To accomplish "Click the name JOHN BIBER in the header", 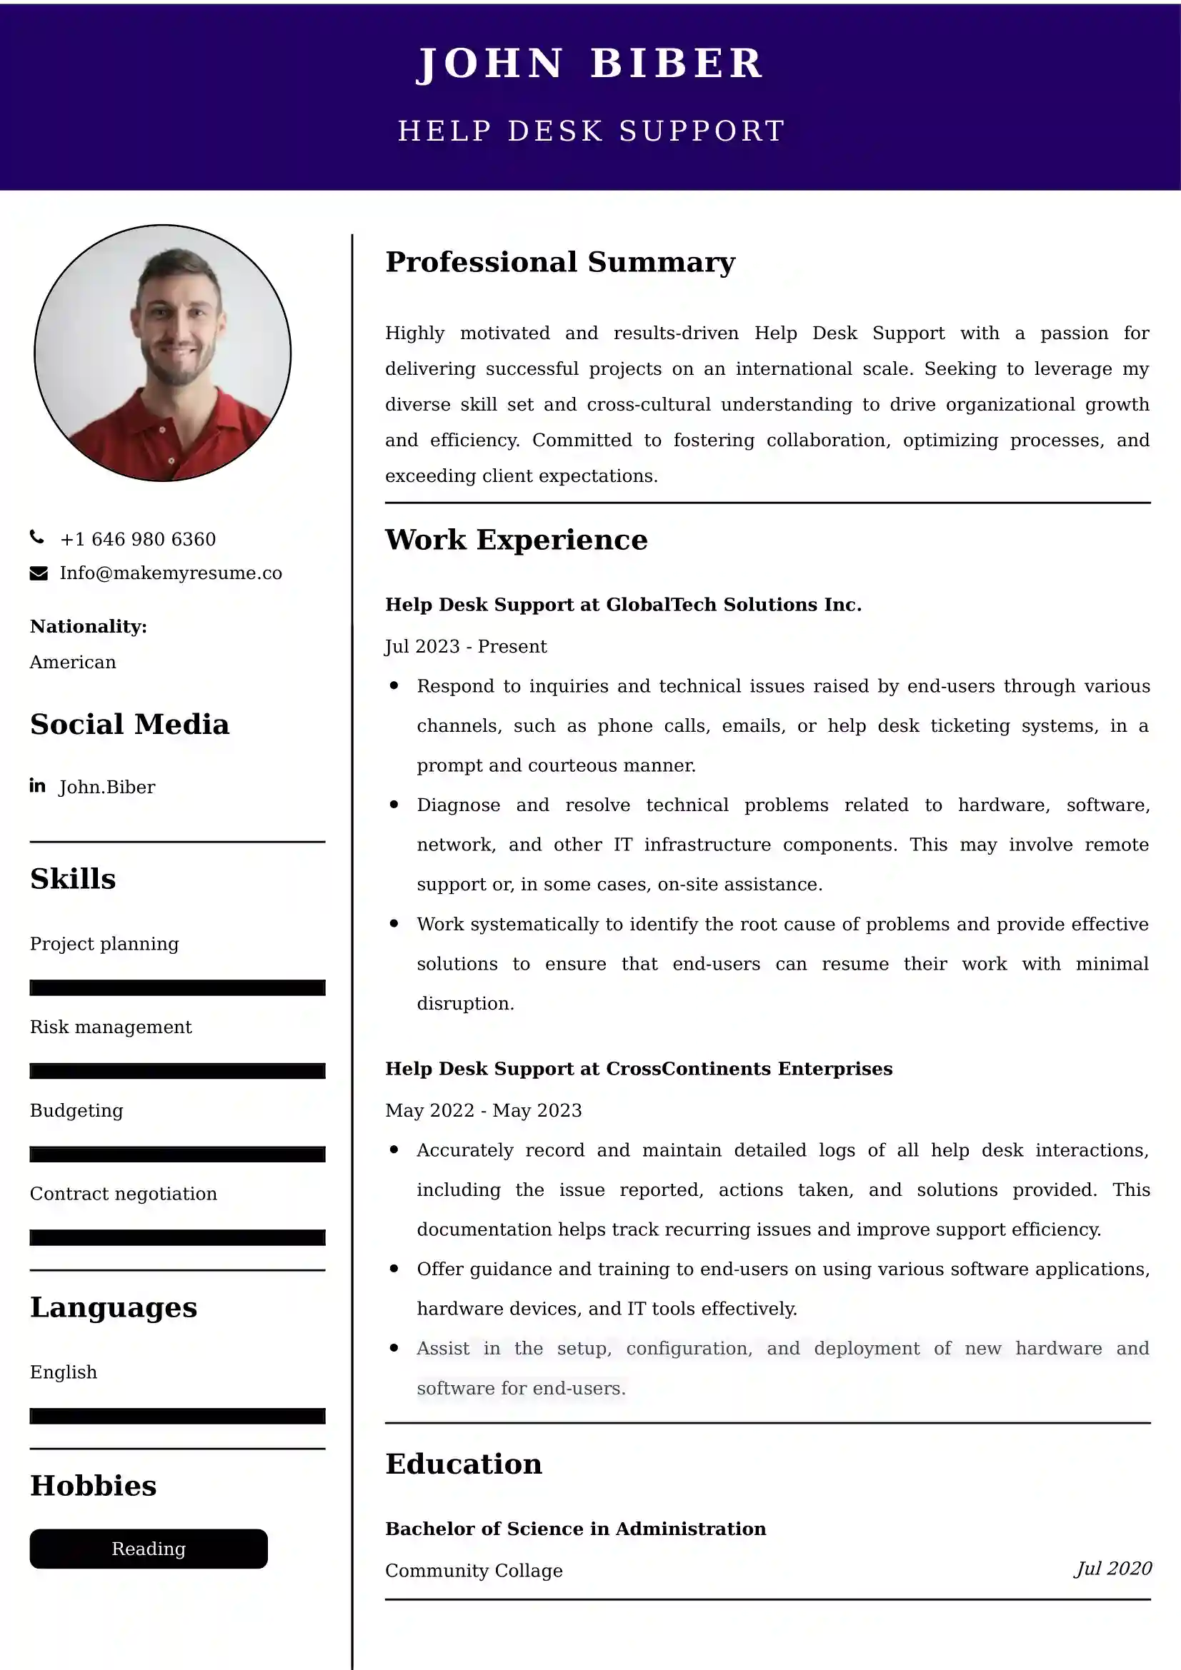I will tap(590, 64).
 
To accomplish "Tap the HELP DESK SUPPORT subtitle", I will tap(591, 131).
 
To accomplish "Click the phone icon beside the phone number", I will tap(37, 538).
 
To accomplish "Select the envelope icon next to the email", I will tap(39, 573).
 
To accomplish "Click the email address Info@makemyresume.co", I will tap(171, 573).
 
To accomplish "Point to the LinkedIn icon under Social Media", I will tap(38, 785).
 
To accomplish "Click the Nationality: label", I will tap(88, 626).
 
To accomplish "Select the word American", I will tap(73, 662).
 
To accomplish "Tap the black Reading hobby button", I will tap(149, 1549).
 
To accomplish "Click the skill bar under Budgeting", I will tap(178, 1155).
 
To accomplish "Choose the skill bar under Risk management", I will tap(178, 1071).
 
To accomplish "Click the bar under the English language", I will tap(178, 1415).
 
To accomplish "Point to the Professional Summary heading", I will tap(560, 262).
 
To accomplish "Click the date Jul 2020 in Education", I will tap(1113, 1568).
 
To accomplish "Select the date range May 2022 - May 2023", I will tap(483, 1110).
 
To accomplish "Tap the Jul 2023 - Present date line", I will tap(466, 646).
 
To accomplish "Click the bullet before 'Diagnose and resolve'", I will tap(394, 805).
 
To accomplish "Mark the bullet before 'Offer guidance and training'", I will tap(394, 1269).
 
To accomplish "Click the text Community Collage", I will tap(474, 1570).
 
